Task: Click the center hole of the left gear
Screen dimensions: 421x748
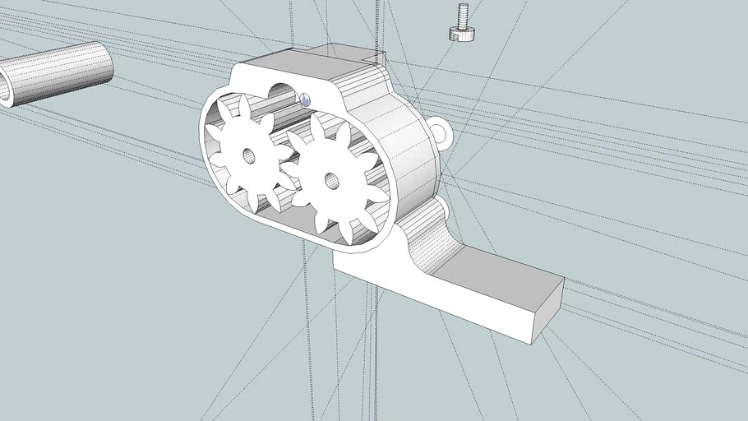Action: pos(249,155)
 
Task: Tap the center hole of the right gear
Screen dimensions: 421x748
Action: pos(330,179)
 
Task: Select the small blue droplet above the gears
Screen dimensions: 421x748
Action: pos(306,99)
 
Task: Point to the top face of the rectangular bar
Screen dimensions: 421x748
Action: pos(493,271)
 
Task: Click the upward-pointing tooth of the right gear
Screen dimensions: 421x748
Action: pos(316,126)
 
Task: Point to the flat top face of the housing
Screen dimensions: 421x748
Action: pos(304,66)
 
